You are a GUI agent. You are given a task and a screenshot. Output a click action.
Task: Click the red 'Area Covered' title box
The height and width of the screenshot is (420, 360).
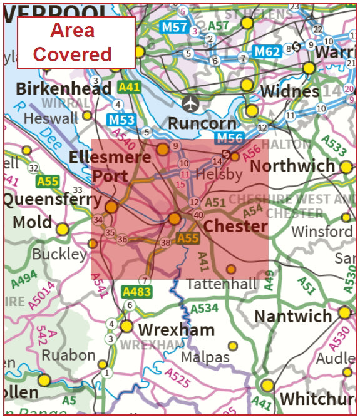coord(76,43)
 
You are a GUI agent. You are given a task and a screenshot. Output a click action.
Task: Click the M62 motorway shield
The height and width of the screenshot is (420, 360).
coord(267,51)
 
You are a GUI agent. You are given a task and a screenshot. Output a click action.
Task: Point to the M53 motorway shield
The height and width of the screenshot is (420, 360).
coord(121,120)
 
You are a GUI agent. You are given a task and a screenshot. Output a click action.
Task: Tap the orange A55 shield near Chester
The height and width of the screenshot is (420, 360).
coord(188,238)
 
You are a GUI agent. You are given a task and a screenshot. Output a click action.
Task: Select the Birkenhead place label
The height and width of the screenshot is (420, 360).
coord(64,88)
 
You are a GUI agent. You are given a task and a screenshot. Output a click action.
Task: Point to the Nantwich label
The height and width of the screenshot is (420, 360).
coord(293,315)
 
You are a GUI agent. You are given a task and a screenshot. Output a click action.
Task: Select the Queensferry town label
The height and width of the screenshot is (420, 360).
coord(53,200)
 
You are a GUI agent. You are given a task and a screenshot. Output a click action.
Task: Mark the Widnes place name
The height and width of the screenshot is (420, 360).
coord(289,91)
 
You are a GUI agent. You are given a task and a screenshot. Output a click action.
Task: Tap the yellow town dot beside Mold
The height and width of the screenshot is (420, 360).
coord(62,229)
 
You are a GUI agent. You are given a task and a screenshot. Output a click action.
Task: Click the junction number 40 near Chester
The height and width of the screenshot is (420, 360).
coord(198,215)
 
